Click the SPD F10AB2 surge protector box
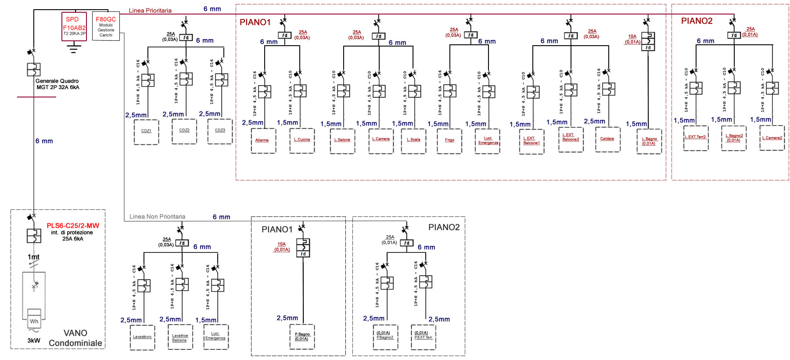[x=74, y=26]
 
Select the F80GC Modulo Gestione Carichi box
[x=106, y=26]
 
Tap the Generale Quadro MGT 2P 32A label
[x=57, y=84]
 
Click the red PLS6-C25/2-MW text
[x=73, y=226]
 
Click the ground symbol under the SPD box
[x=74, y=47]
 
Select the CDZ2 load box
[x=184, y=131]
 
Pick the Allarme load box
[x=263, y=140]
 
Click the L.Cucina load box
[x=302, y=140]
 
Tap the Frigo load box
[x=449, y=140]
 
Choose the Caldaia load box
[x=607, y=140]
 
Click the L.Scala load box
[x=413, y=140]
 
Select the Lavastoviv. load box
[x=143, y=337]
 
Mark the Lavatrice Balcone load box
[x=180, y=337]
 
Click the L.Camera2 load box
[x=772, y=138]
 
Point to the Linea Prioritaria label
[x=150, y=11]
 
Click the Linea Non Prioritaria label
[x=157, y=216]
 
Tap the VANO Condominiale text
[x=75, y=338]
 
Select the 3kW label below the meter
[x=34, y=341]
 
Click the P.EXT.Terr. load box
[x=424, y=337]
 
